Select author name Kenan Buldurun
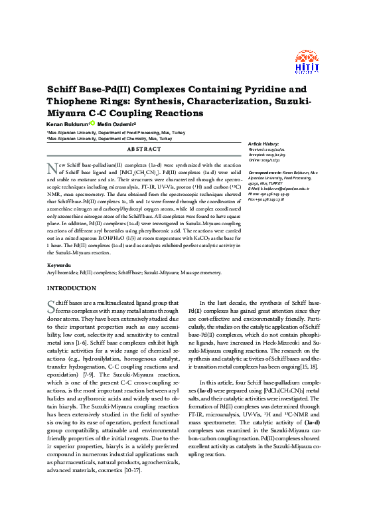[68, 124]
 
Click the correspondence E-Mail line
[286, 189]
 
